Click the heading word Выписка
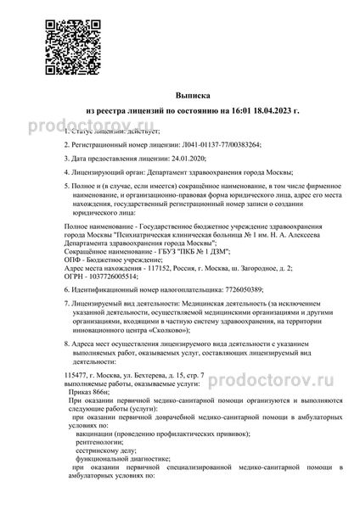(179, 98)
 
